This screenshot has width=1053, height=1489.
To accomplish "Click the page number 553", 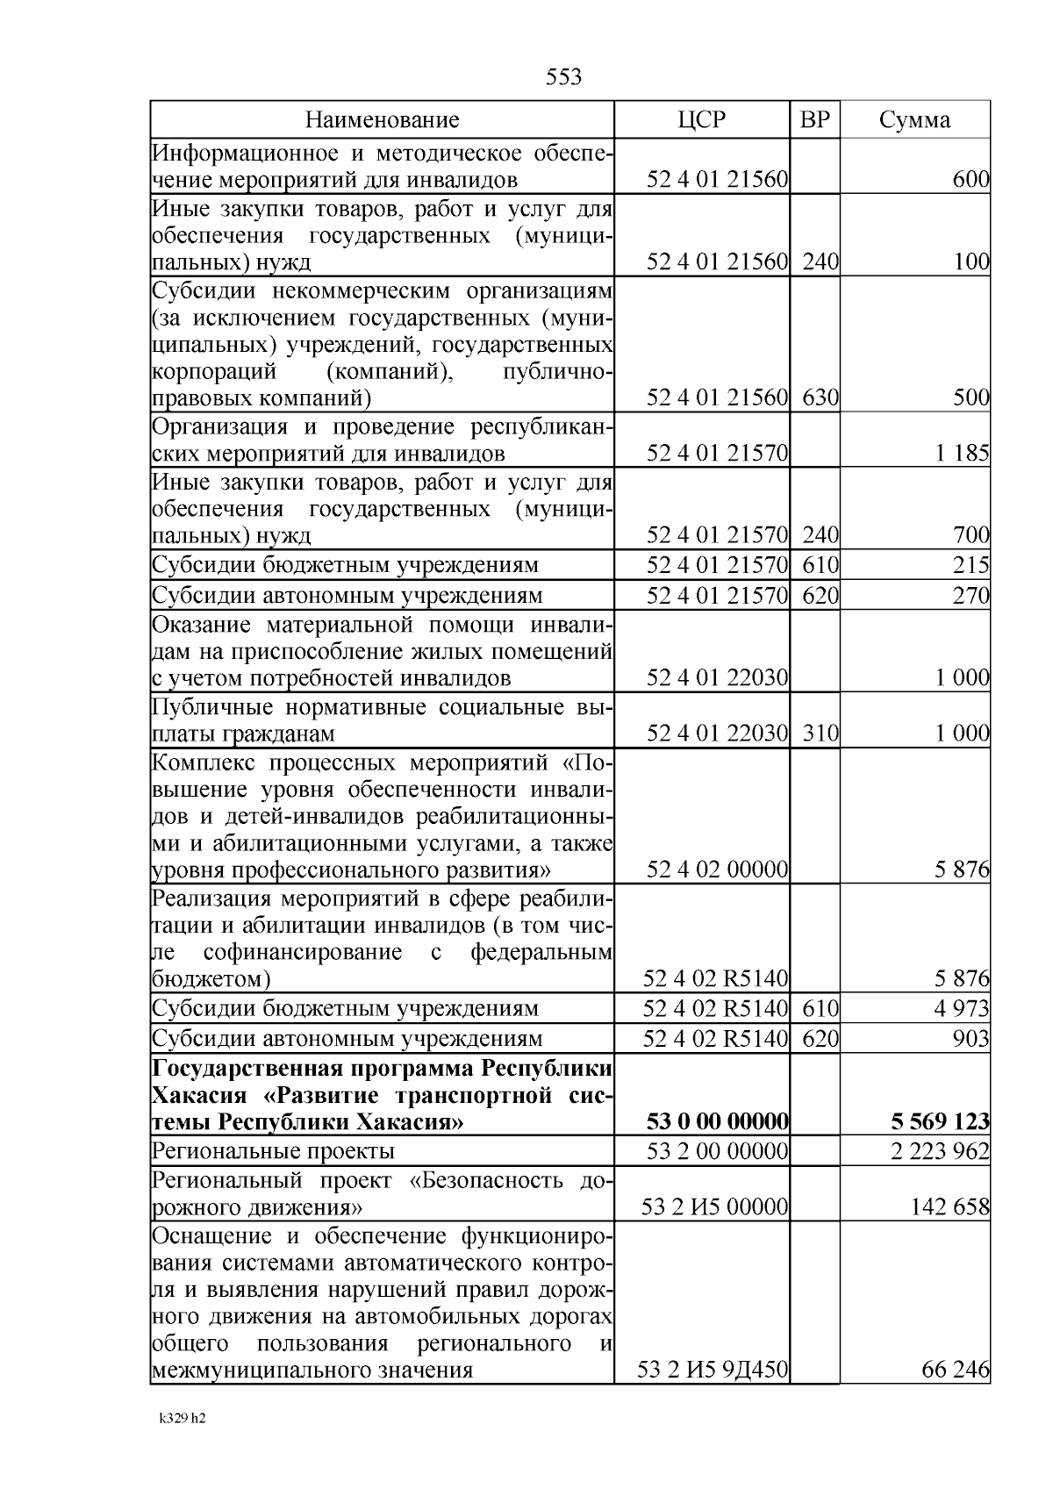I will [x=563, y=77].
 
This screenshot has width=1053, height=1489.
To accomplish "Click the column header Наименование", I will [x=382, y=120].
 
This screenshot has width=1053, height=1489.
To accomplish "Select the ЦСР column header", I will [x=702, y=120].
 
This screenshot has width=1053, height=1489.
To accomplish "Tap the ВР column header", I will [x=815, y=120].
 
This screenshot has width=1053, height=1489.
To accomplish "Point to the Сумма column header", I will [x=914, y=120].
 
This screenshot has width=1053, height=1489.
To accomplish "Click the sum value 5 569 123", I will [x=940, y=1121].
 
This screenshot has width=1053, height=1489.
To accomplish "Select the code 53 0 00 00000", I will [x=717, y=1121].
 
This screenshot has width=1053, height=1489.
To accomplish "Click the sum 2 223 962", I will [x=940, y=1150].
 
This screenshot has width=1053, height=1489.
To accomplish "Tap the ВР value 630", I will [x=820, y=398].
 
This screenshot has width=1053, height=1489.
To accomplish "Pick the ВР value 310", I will [x=820, y=734].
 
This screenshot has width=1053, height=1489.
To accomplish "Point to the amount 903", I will [x=971, y=1039].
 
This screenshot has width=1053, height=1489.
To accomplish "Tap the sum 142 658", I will [x=949, y=1207].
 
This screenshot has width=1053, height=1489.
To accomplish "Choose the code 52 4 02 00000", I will [x=717, y=870].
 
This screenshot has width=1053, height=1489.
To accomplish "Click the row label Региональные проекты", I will [x=274, y=1150].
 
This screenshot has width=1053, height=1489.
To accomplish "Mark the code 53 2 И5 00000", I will [x=714, y=1207].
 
